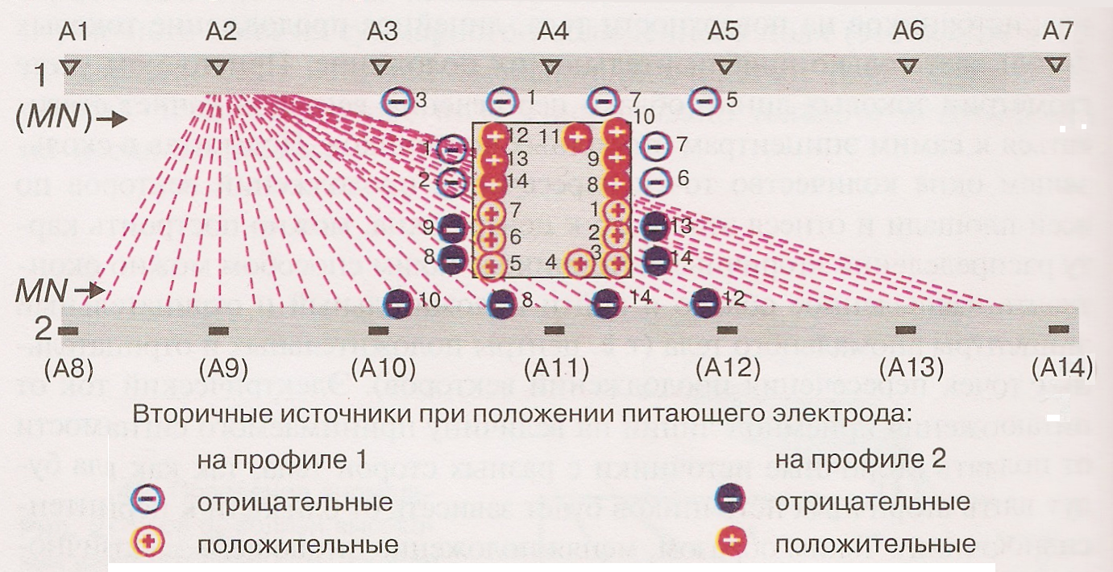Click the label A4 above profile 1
coord(553,32)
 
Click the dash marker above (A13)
coord(906,329)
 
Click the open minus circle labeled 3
coord(397,101)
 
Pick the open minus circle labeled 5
coord(705,102)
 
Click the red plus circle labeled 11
coord(576,137)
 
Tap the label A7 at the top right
coord(1058,32)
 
